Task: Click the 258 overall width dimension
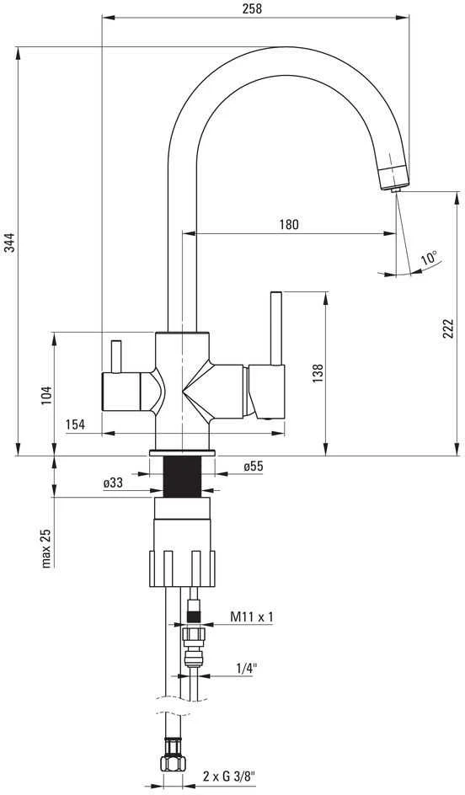[x=252, y=8]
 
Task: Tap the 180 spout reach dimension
[x=289, y=224]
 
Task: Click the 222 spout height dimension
[x=446, y=329]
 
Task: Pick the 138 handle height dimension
[x=318, y=373]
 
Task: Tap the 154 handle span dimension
[x=75, y=425]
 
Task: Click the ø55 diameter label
[x=254, y=467]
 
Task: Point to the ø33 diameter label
[x=113, y=483]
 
